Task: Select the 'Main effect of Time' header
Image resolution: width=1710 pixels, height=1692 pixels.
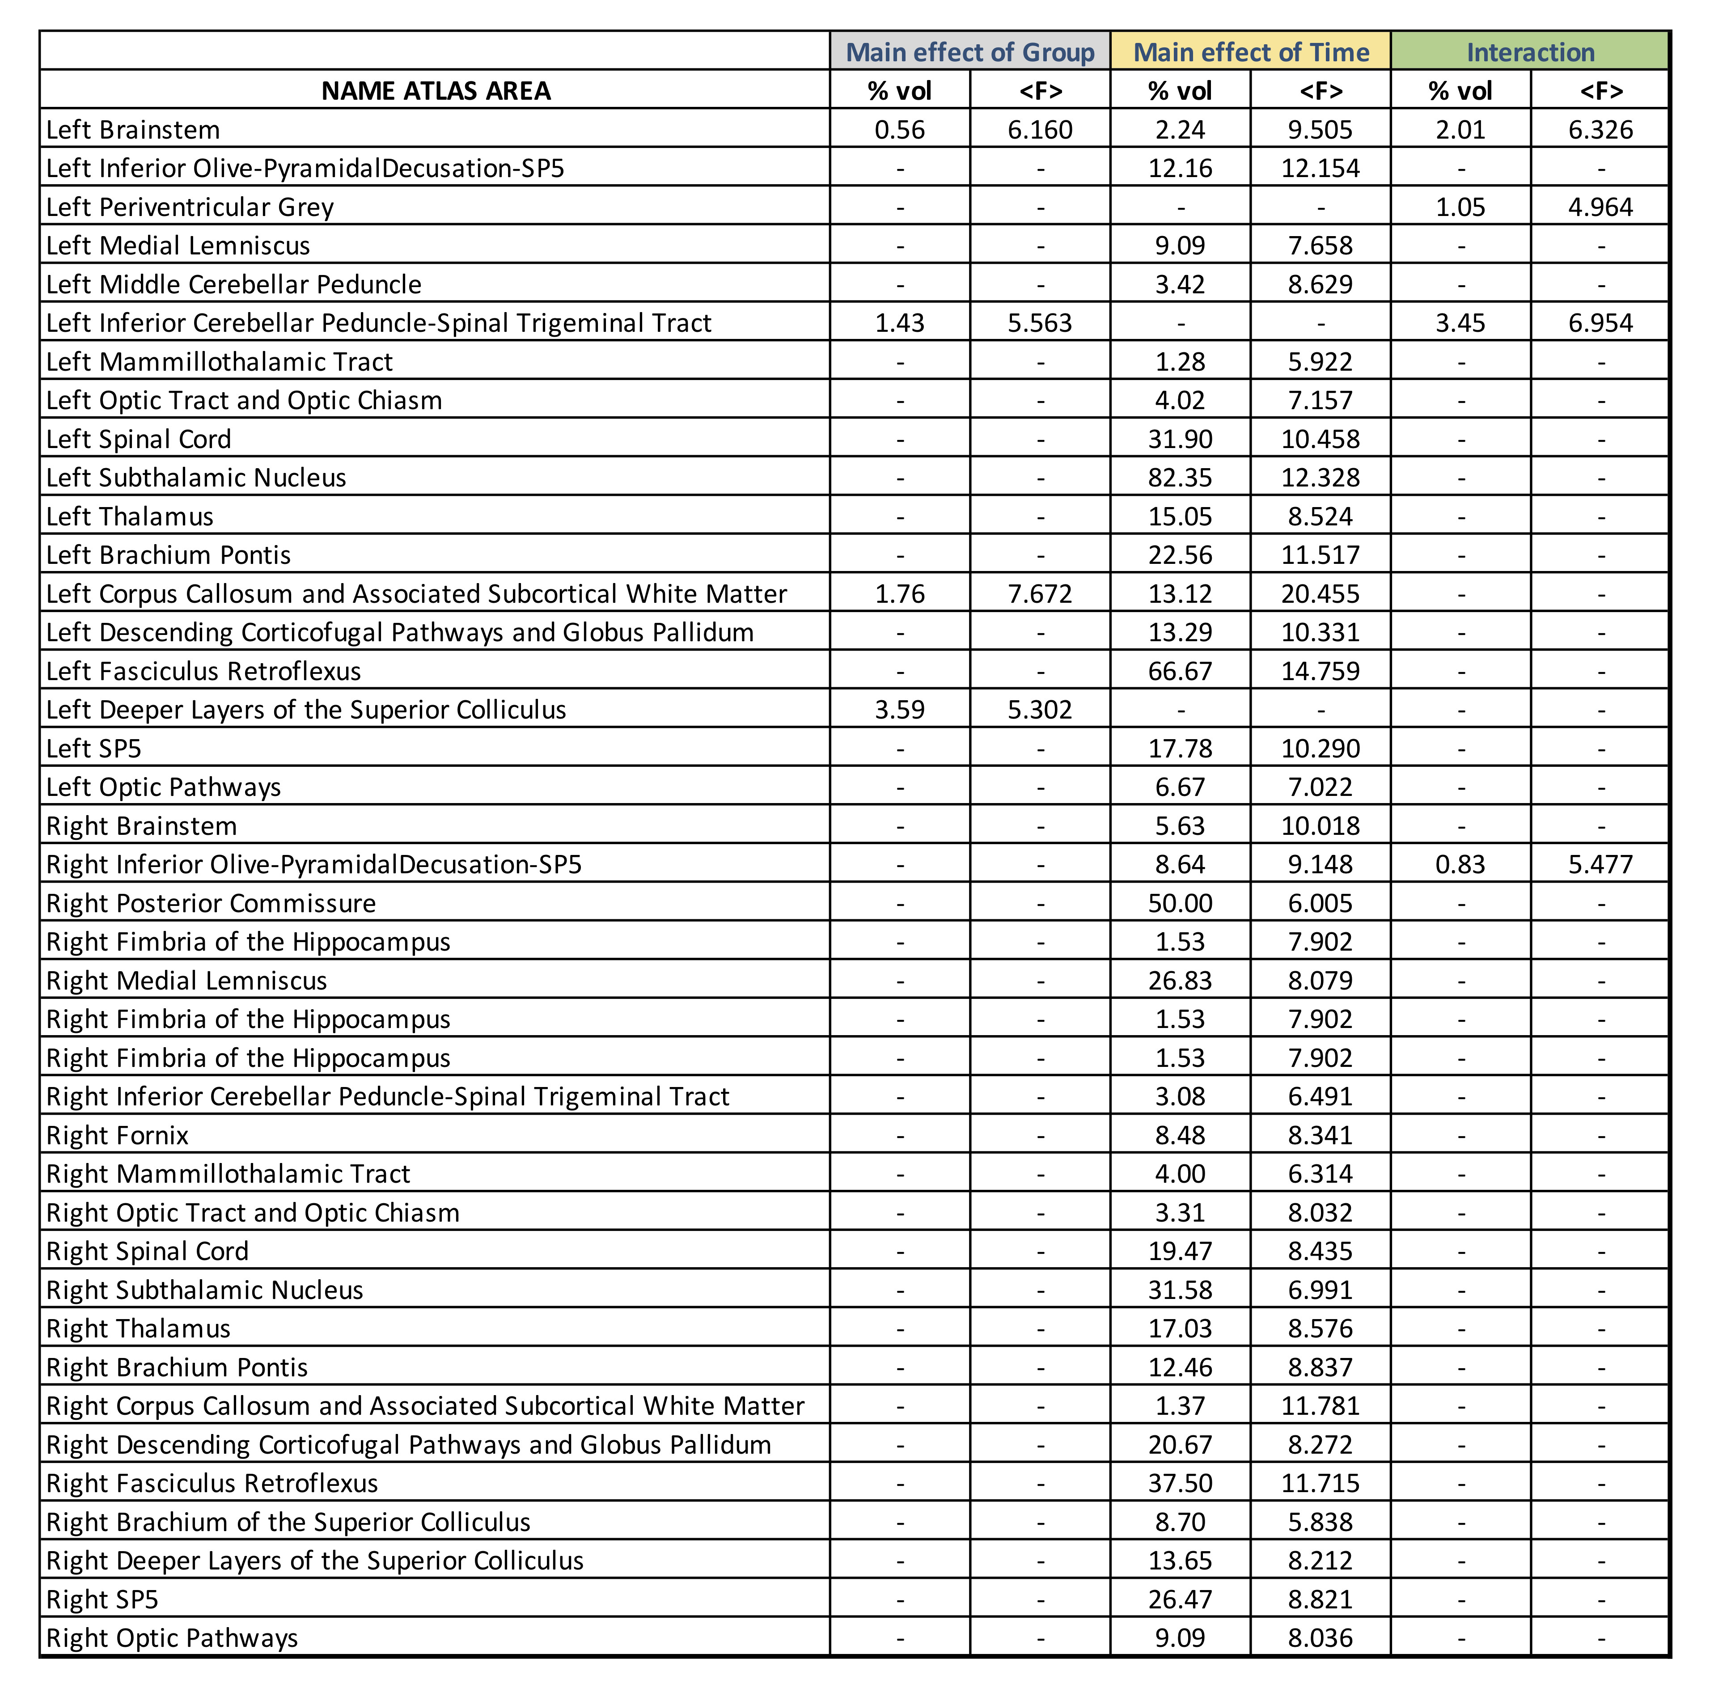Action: (1251, 52)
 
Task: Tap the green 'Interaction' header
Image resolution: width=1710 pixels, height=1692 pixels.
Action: (1530, 52)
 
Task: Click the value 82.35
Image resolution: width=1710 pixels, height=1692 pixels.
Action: (1180, 478)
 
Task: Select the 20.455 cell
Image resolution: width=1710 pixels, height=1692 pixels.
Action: (1320, 594)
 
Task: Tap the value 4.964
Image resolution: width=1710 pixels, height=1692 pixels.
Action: (1600, 207)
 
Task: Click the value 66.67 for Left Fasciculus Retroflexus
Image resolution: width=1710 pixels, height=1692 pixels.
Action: (1180, 671)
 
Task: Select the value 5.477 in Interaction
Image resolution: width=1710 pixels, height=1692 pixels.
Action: (1600, 865)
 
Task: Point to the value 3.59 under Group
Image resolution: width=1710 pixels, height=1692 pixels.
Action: (899, 710)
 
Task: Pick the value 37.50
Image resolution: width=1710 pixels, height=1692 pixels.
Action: (1180, 1483)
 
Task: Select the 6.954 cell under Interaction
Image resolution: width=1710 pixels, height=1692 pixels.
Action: (1600, 323)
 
